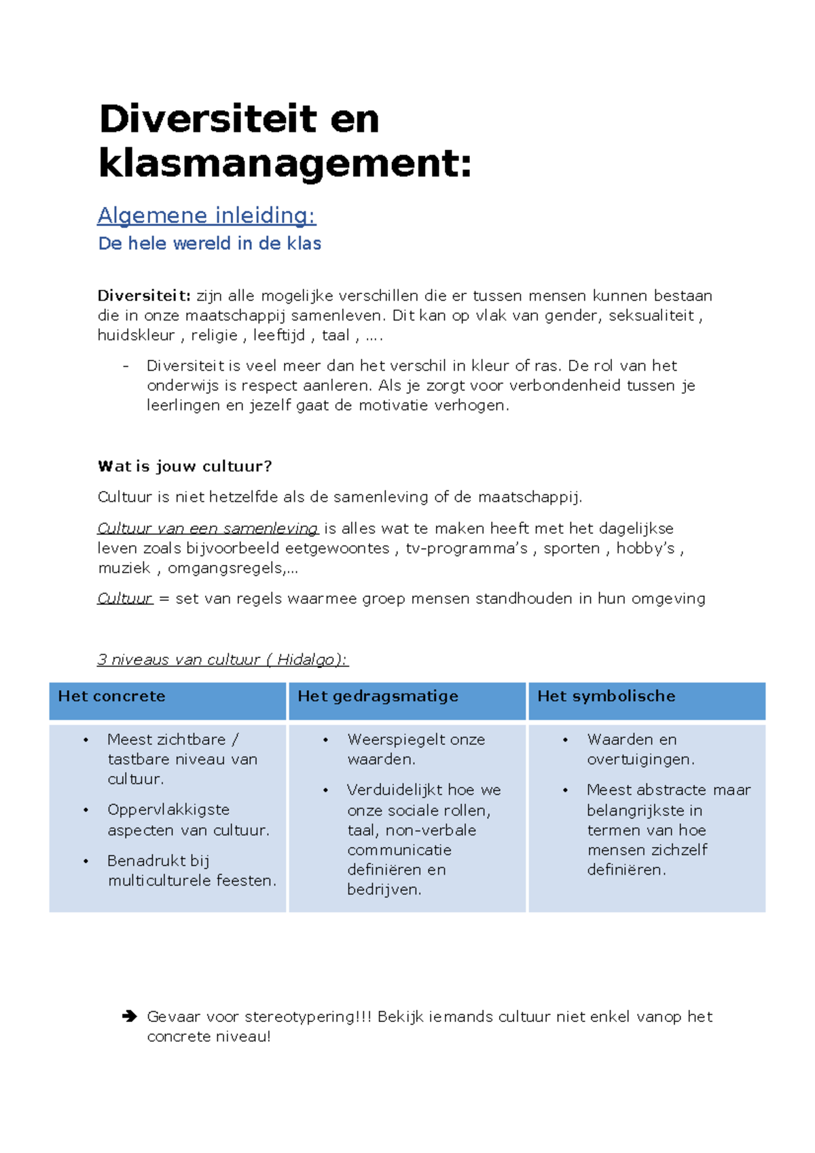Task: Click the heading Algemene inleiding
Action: click(206, 215)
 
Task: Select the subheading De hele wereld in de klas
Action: click(209, 243)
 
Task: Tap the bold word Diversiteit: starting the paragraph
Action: click(144, 295)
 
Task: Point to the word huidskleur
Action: click(136, 335)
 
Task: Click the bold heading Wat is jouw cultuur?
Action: click(185, 466)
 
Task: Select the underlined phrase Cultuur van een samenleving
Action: click(208, 528)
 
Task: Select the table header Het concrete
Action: click(111, 696)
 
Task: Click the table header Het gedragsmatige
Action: click(378, 696)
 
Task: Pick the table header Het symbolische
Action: click(606, 696)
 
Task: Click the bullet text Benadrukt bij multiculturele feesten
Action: click(192, 871)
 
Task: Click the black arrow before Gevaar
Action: click(130, 1017)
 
